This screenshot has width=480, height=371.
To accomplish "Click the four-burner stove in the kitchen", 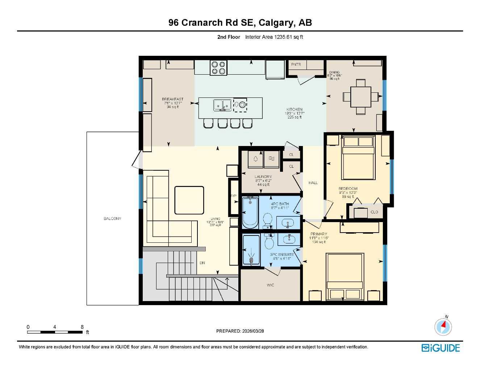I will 218,68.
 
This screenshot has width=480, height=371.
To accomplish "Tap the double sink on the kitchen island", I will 222,105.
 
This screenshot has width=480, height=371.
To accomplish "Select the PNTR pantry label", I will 296,64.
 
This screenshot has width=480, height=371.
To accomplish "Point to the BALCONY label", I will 112,218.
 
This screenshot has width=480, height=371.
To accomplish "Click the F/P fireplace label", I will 233,196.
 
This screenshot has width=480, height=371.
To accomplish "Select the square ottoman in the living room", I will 189,200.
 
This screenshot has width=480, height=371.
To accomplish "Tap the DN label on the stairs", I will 202,263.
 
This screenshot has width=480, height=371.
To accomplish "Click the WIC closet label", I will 270,285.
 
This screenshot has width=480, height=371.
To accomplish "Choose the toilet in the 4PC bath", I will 268,220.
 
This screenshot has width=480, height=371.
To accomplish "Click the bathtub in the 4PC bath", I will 250,213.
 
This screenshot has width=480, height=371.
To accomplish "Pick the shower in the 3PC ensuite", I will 251,251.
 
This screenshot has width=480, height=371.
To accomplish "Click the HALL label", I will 313,183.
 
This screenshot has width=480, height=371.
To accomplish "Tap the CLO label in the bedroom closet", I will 374,212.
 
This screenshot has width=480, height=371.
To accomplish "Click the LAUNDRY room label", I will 263,177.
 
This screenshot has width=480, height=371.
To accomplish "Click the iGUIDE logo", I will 441,348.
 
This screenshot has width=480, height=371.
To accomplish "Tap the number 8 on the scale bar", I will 82,327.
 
